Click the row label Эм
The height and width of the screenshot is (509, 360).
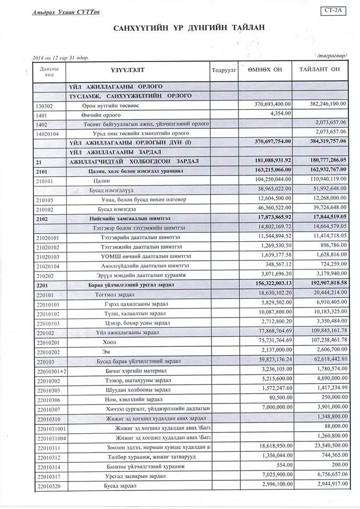coord(105,352)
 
